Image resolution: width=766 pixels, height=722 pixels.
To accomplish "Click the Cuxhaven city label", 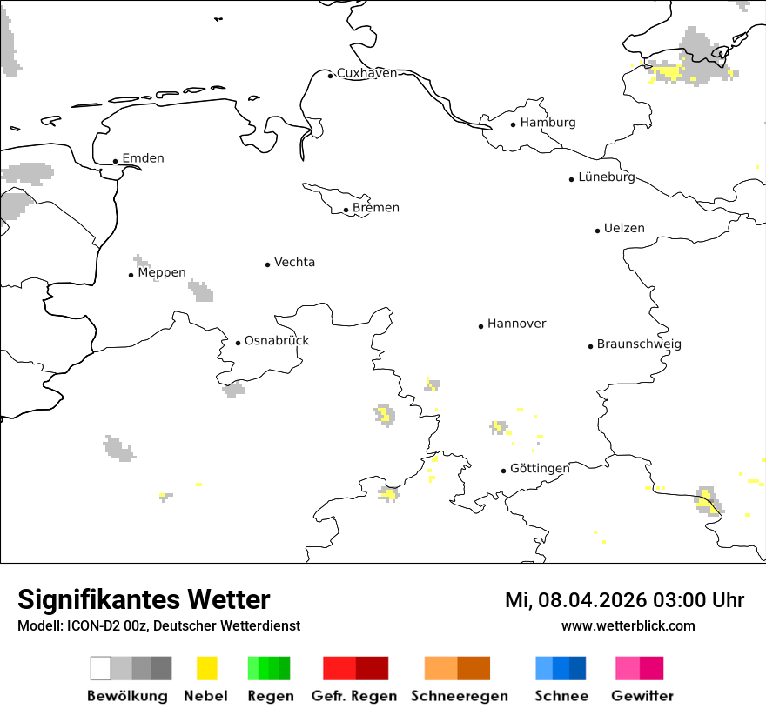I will [366, 73].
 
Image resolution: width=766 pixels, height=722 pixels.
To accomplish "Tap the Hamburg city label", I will [548, 123].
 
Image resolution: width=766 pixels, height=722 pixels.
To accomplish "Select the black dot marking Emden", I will [115, 161].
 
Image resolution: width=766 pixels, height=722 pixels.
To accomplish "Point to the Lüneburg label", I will [607, 177].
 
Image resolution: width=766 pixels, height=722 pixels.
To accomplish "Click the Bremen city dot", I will [346, 210].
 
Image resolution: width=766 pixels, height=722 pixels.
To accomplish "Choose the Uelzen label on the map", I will [624, 228].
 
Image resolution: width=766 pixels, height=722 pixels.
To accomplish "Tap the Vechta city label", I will [294, 262].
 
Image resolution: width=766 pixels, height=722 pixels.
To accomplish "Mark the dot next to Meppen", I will [131, 275].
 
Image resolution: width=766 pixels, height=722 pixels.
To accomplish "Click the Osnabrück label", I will [276, 340].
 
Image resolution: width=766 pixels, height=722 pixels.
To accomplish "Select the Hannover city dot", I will [480, 326].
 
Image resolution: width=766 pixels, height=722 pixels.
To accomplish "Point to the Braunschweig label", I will [639, 344].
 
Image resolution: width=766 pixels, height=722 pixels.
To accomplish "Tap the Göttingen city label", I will [540, 468].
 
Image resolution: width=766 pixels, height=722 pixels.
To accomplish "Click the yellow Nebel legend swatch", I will [206, 668].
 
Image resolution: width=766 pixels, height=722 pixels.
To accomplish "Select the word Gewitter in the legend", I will [642, 696].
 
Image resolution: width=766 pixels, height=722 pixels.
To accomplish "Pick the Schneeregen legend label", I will [460, 696].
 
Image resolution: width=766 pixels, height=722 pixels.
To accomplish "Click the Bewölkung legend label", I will [127, 696].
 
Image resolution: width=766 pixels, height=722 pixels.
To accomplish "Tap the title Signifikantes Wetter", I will [144, 599].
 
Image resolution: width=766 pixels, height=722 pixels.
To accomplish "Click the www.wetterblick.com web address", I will [628, 625].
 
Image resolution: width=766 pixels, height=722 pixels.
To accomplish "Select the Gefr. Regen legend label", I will [354, 696].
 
